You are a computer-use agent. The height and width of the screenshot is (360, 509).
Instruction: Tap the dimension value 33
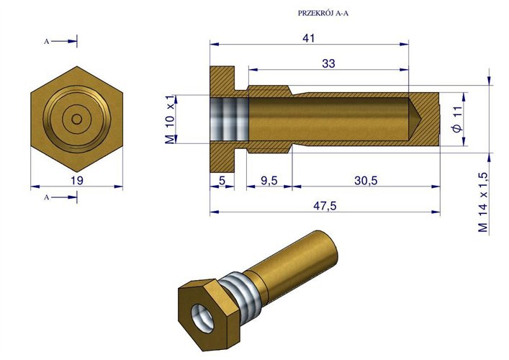coord(328,63)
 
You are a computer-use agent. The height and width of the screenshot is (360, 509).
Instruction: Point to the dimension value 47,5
coord(325,205)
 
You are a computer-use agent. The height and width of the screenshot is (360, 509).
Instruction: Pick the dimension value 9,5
coord(269,181)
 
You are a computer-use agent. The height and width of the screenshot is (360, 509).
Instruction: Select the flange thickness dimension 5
coord(222,181)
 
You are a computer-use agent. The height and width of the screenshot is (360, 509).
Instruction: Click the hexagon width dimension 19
coord(77,180)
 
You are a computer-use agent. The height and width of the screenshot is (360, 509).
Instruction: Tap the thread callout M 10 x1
coord(171,119)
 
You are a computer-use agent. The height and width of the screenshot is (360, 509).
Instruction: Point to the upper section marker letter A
coord(46,42)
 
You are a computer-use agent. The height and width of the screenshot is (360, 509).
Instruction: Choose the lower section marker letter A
coord(46,197)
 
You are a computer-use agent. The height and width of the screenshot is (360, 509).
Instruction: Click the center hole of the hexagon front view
coord(77,119)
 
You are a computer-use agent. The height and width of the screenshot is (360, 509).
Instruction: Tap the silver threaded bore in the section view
coord(229,119)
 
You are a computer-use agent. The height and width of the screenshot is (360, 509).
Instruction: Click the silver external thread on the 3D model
coord(241,292)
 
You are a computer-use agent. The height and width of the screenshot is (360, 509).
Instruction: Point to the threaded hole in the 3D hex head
coord(203,314)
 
